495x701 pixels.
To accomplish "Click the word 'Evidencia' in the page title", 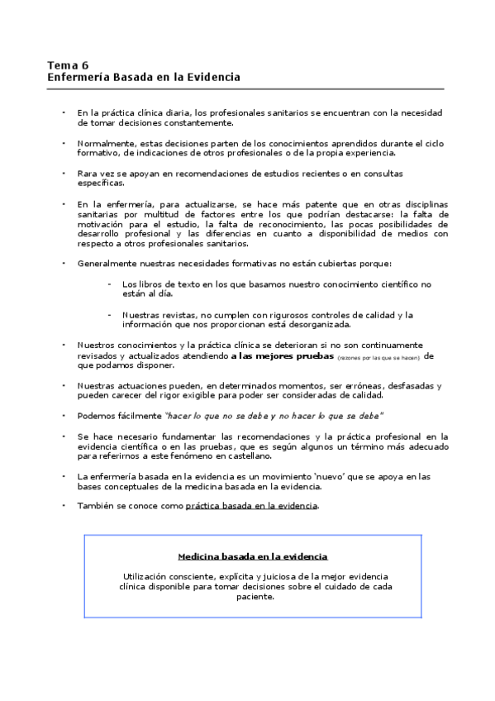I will (x=213, y=77).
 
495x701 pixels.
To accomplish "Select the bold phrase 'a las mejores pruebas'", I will (x=282, y=356).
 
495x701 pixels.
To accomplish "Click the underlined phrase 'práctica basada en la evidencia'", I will (x=251, y=505).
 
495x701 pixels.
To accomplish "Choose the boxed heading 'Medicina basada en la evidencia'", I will (x=252, y=556).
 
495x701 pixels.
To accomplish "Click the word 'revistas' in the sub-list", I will (x=181, y=314).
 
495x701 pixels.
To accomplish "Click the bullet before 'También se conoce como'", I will (x=64, y=504).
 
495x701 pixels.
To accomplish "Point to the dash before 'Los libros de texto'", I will (x=109, y=283).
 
